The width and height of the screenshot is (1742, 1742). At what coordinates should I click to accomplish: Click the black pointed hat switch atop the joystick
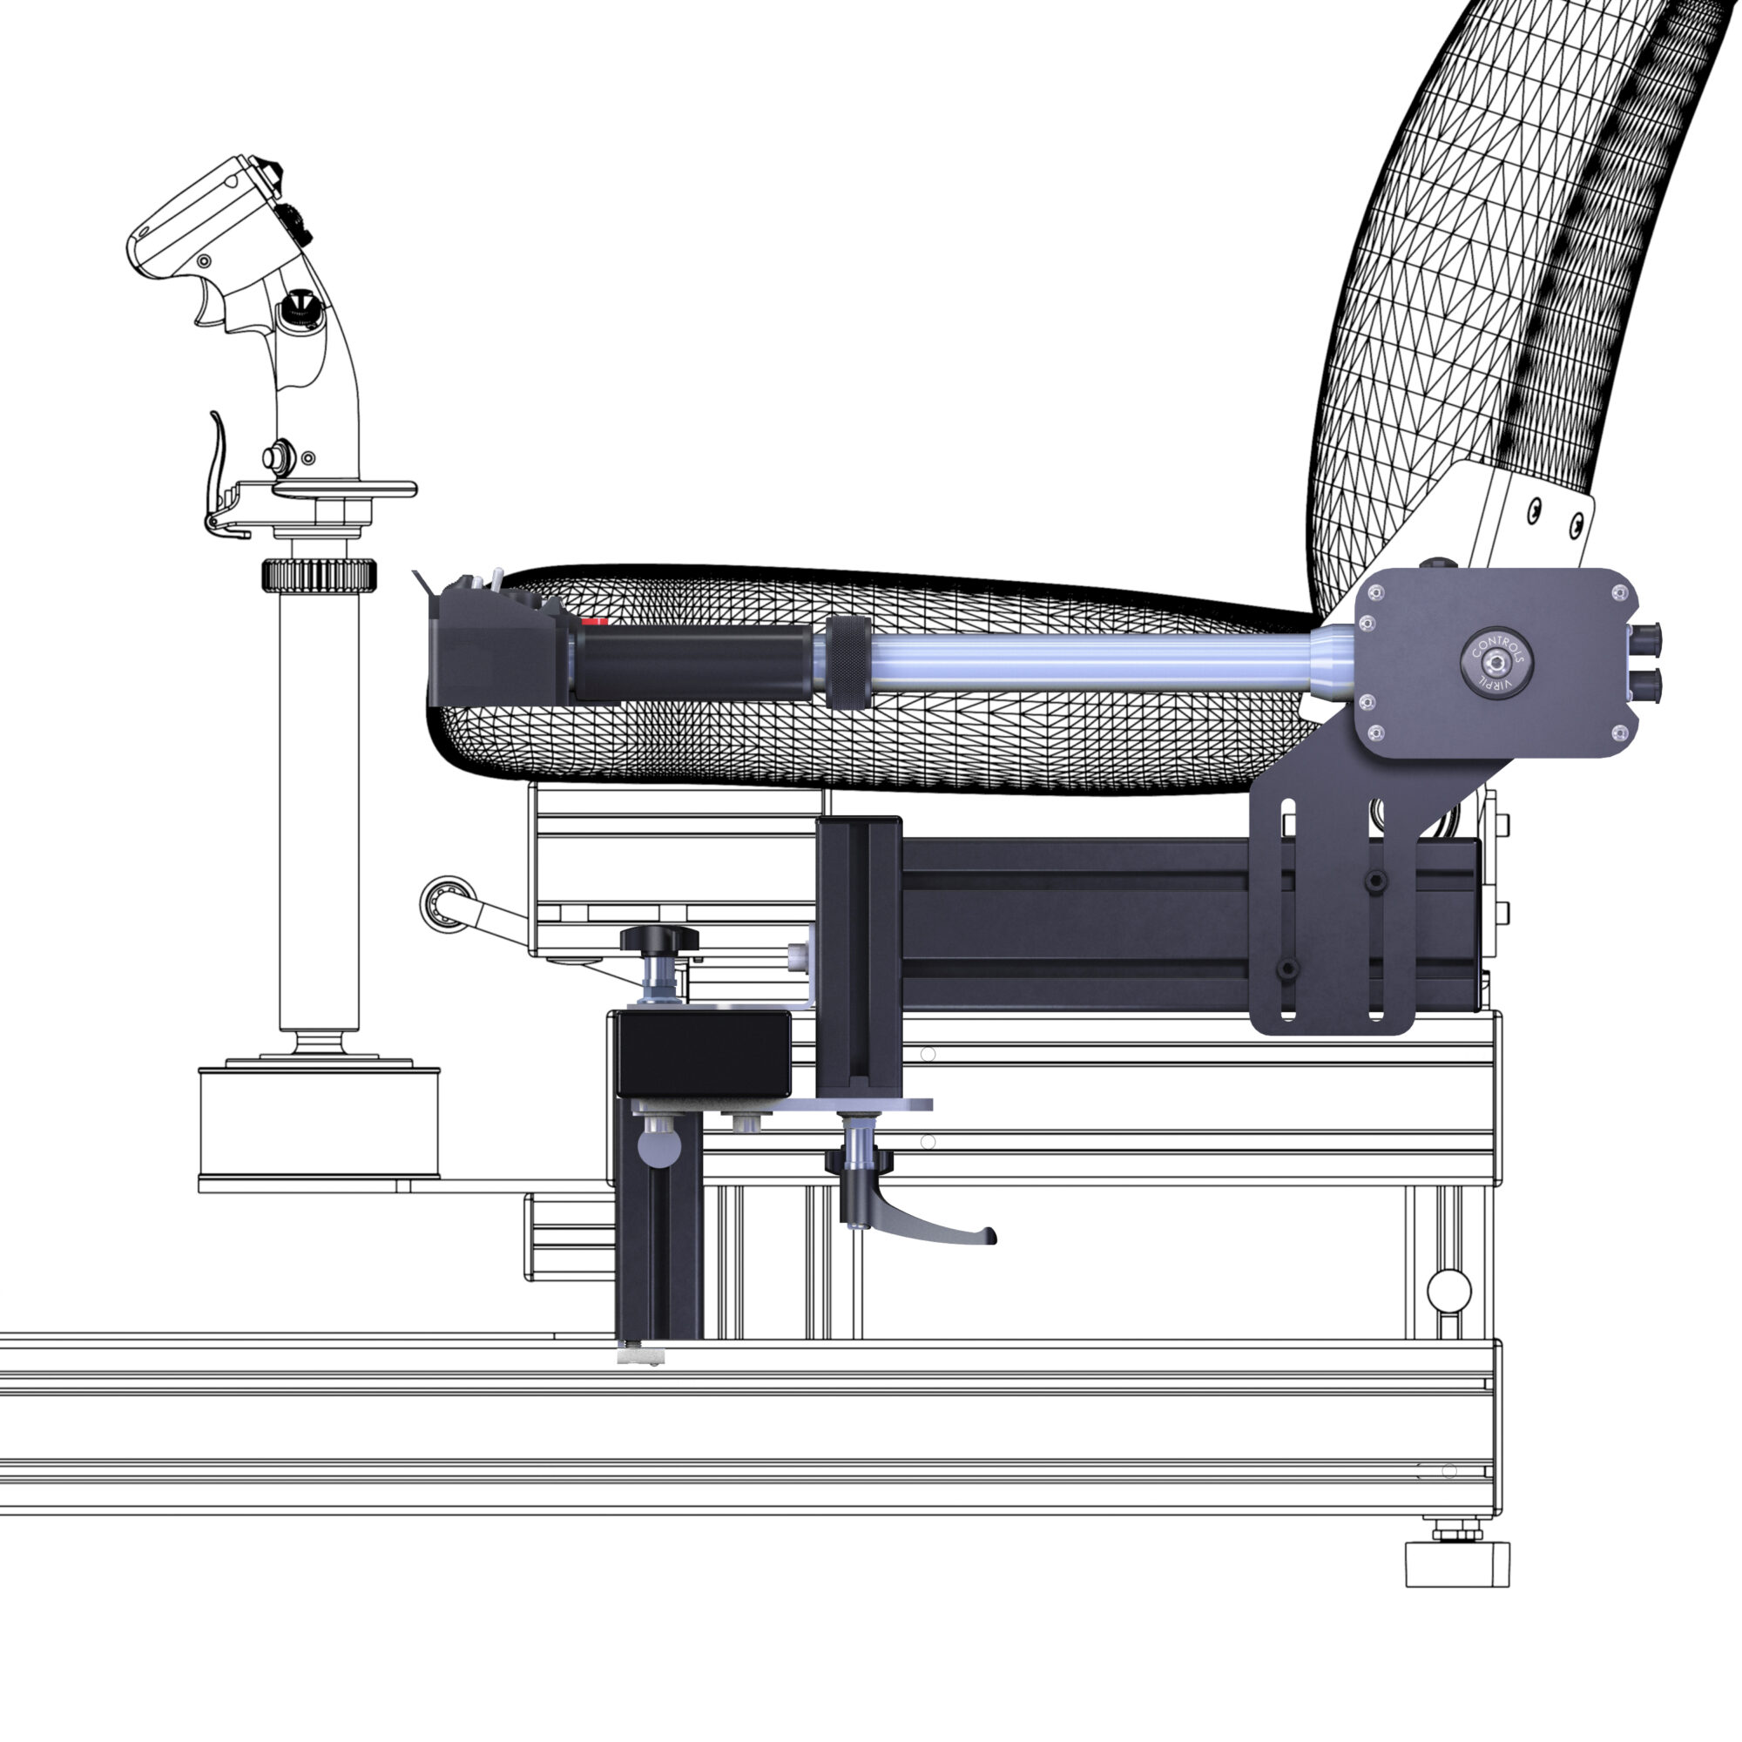(272, 171)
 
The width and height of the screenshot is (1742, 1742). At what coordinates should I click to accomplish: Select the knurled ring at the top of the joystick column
(318, 575)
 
